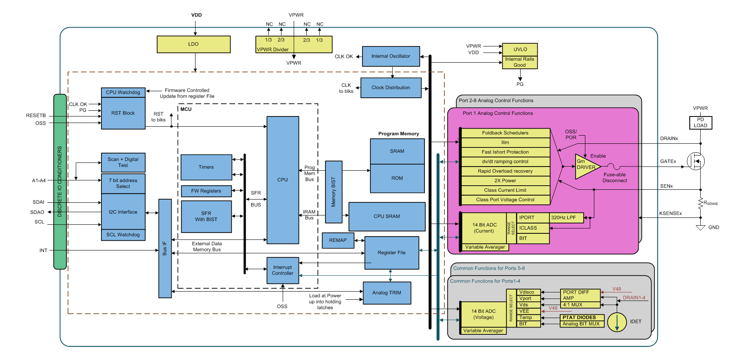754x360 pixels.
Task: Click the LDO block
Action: pyautogui.click(x=193, y=44)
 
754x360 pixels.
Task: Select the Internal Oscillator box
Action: pyautogui.click(x=391, y=56)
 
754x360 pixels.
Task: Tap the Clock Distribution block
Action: pyautogui.click(x=391, y=88)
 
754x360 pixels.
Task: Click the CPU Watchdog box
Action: pyautogui.click(x=123, y=92)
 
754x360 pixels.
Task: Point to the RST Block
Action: pyautogui.click(x=123, y=113)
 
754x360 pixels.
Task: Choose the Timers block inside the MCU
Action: pyautogui.click(x=206, y=167)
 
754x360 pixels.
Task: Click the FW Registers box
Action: pyautogui.click(x=206, y=191)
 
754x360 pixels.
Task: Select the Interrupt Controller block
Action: pyautogui.click(x=283, y=270)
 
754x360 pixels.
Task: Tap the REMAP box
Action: pyautogui.click(x=338, y=240)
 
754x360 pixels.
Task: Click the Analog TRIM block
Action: pyautogui.click(x=387, y=293)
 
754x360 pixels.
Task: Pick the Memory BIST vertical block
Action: pyautogui.click(x=334, y=192)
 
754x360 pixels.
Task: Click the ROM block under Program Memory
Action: pyautogui.click(x=397, y=178)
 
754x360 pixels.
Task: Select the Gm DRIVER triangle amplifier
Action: pyautogui.click(x=586, y=166)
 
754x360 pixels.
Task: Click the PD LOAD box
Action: pyautogui.click(x=700, y=123)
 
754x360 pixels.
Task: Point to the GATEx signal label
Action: pyautogui.click(x=668, y=162)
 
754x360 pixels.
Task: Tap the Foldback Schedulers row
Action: pyautogui.click(x=505, y=133)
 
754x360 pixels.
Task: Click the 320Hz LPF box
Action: pyautogui.click(x=566, y=218)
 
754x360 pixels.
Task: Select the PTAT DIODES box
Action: pyautogui.click(x=581, y=318)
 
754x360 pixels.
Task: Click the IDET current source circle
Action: pyautogui.click(x=617, y=322)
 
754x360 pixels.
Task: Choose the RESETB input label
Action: pyautogui.click(x=36, y=116)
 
